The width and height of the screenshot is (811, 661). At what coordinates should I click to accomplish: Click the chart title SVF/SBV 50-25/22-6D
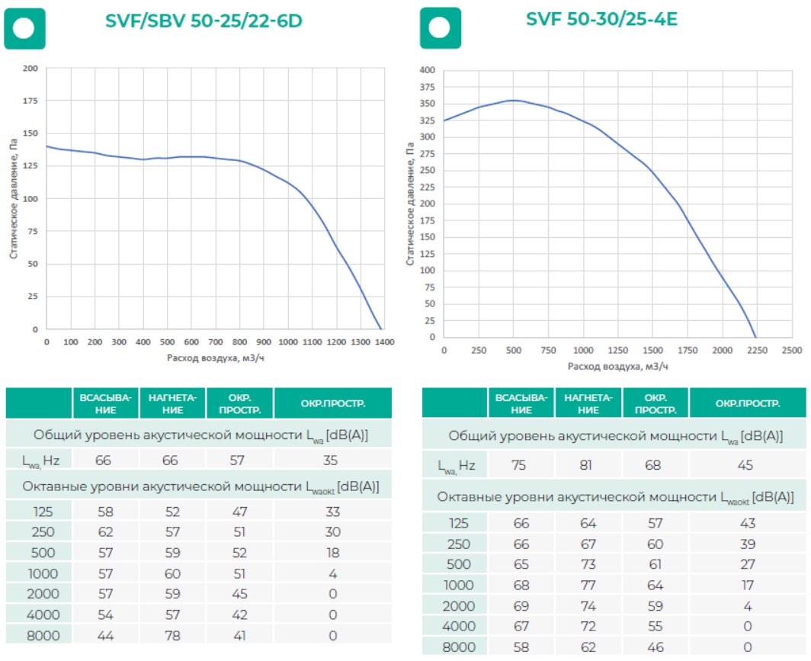tap(204, 21)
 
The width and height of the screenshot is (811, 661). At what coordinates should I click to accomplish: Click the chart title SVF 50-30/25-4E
tap(601, 19)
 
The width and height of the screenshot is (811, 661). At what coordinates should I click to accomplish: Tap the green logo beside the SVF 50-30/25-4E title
tap(440, 28)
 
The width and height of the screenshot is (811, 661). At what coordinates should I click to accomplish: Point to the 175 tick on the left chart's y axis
tap(30, 101)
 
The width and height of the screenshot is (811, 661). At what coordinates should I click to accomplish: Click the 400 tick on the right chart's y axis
tap(427, 70)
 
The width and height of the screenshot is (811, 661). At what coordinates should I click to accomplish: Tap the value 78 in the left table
tap(173, 634)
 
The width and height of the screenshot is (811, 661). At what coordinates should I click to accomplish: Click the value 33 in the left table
tap(332, 512)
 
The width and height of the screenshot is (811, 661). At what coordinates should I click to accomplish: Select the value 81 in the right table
tap(588, 465)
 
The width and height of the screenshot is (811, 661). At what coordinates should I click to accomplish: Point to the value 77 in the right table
tap(588, 586)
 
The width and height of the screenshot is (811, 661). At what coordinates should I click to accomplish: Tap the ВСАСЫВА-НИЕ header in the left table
tap(105, 403)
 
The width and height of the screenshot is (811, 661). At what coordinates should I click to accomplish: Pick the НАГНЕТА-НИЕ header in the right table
tap(588, 403)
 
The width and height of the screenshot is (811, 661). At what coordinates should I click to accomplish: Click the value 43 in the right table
tap(748, 524)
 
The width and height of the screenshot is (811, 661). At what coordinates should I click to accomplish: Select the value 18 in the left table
tap(332, 552)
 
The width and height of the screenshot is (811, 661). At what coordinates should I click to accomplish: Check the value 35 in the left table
tap(332, 460)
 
